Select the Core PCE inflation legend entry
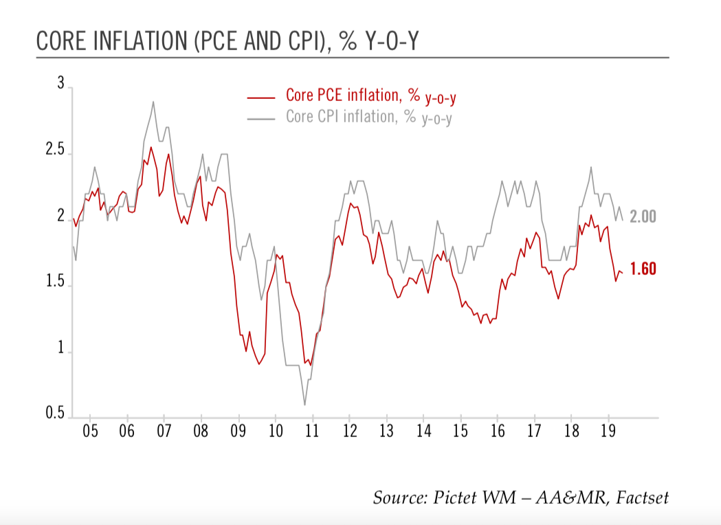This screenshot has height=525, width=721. [x=371, y=97]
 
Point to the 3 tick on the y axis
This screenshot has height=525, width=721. [x=60, y=85]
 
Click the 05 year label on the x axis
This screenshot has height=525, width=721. [x=90, y=432]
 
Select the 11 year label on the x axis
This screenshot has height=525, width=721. [x=312, y=432]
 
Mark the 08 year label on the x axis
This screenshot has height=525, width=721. [x=201, y=432]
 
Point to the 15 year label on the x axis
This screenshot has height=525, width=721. [x=461, y=432]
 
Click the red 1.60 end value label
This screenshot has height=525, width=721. [x=643, y=269]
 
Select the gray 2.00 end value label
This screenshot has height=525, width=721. [x=643, y=217]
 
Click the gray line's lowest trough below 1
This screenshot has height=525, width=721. [x=304, y=404]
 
